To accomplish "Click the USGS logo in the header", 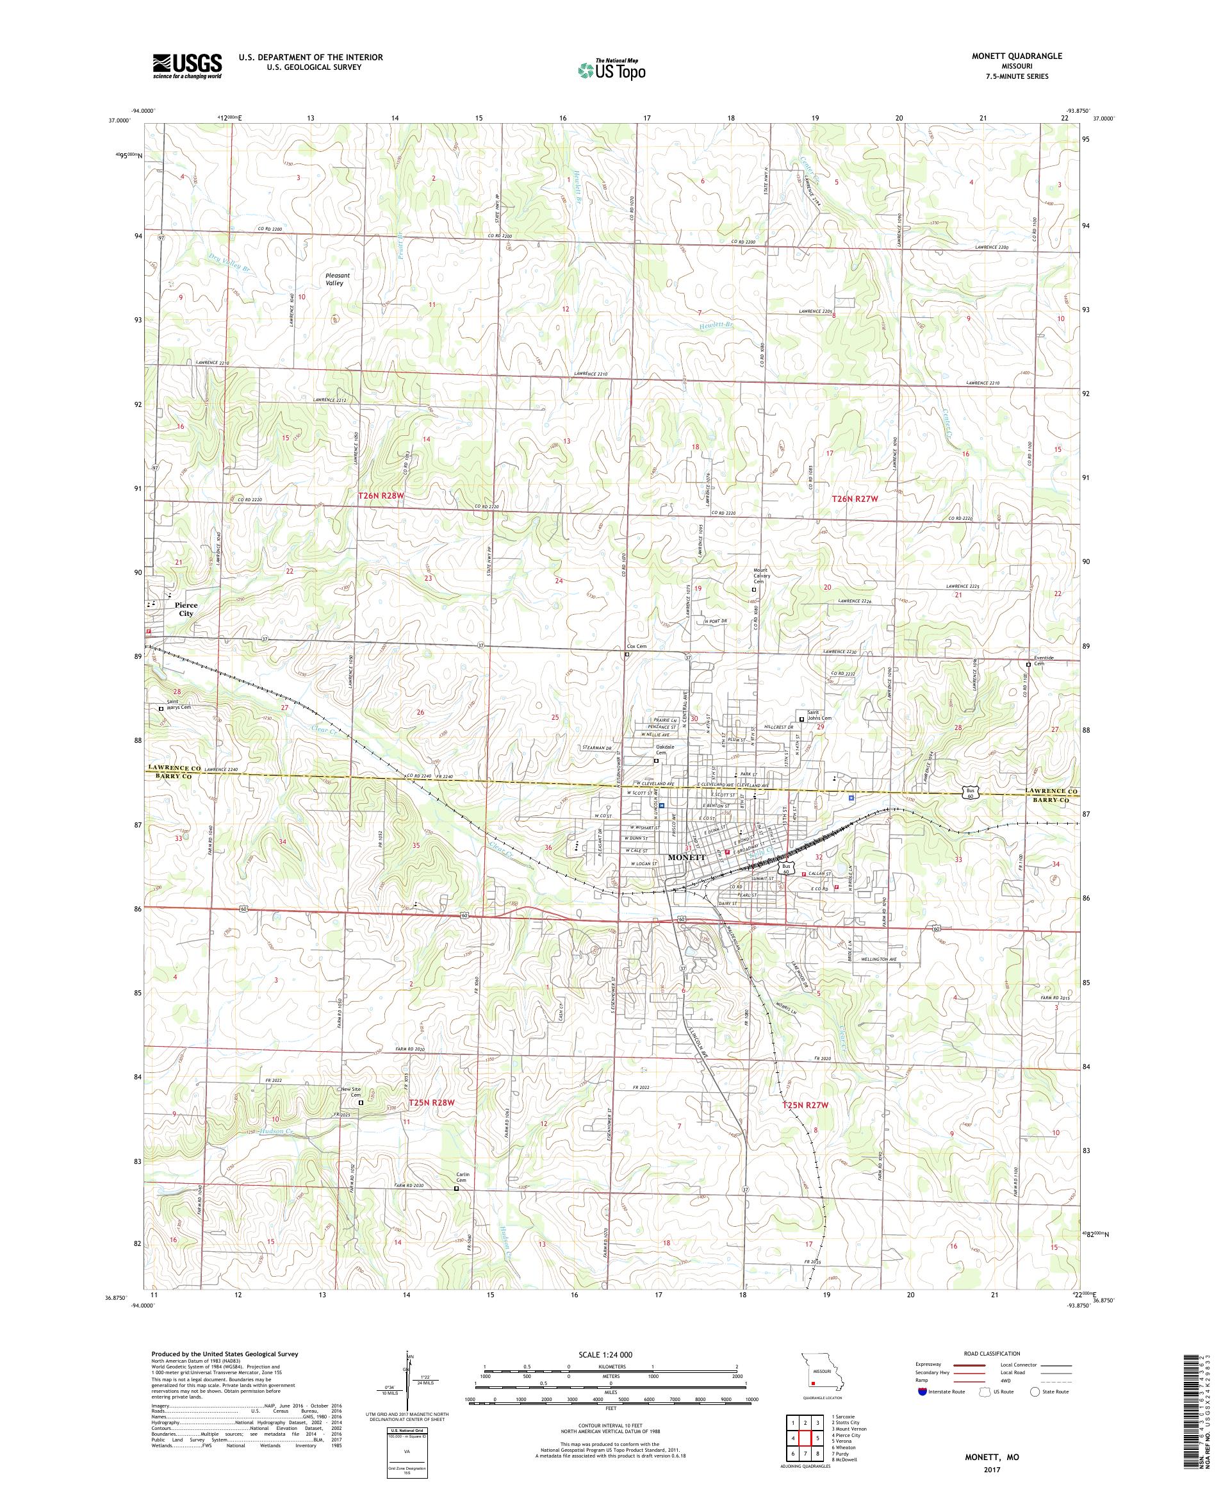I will pyautogui.click(x=188, y=66).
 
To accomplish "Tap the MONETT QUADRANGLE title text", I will pyautogui.click(x=1009, y=56).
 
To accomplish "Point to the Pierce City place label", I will pyautogui.click(x=186, y=609).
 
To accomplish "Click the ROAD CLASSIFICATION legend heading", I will pyautogui.click(x=995, y=1353).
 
